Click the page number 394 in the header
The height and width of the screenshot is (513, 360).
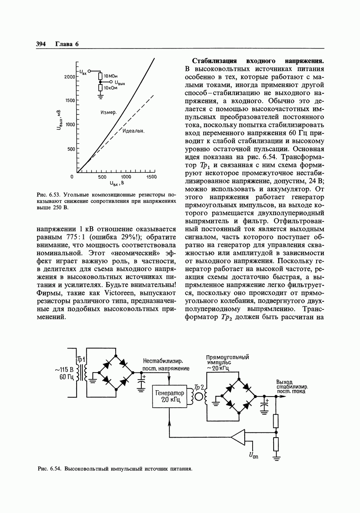click(41, 44)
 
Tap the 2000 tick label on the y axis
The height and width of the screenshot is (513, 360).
click(69, 77)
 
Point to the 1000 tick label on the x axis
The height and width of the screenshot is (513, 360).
click(126, 177)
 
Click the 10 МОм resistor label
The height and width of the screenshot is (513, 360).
click(111, 76)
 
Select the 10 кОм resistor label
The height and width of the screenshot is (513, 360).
click(111, 88)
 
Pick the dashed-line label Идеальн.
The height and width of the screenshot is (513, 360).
click(133, 131)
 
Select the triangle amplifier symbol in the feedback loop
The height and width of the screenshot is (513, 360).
click(238, 437)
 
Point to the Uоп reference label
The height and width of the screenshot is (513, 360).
click(253, 456)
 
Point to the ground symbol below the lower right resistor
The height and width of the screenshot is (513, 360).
click(276, 458)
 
